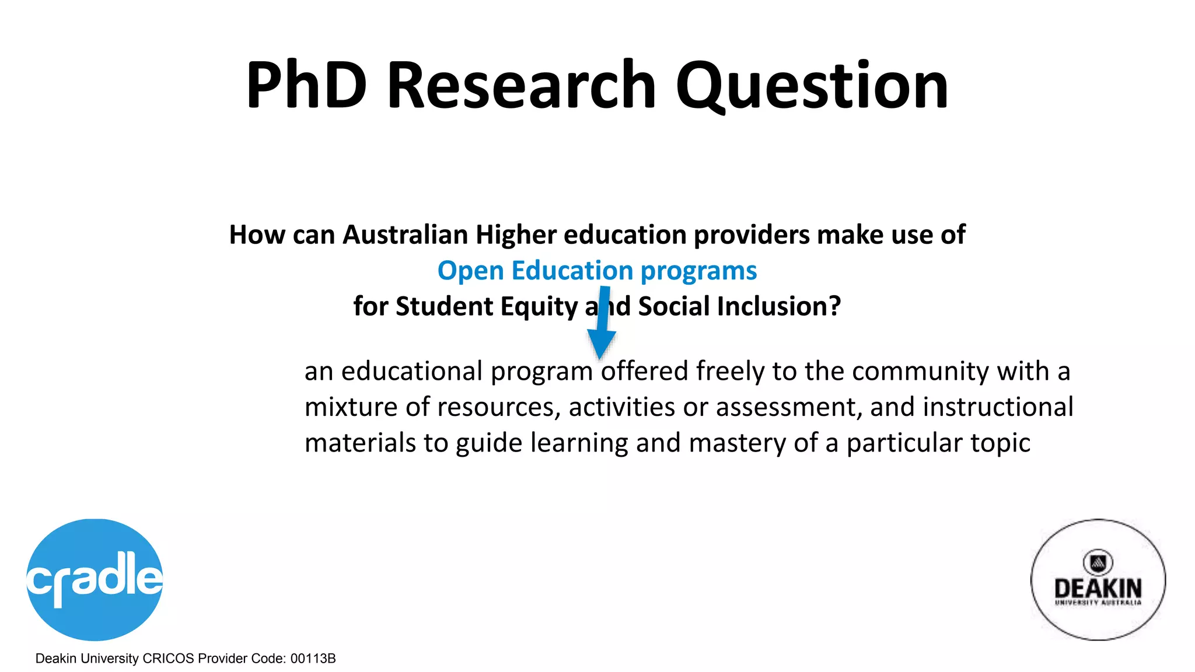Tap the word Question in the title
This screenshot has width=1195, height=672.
[812, 86]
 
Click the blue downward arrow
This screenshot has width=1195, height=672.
[601, 324]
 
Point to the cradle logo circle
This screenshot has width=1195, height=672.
[95, 579]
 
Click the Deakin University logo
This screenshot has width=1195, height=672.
[1098, 579]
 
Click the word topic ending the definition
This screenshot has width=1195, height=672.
[1000, 443]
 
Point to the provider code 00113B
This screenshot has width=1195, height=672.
[313, 659]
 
